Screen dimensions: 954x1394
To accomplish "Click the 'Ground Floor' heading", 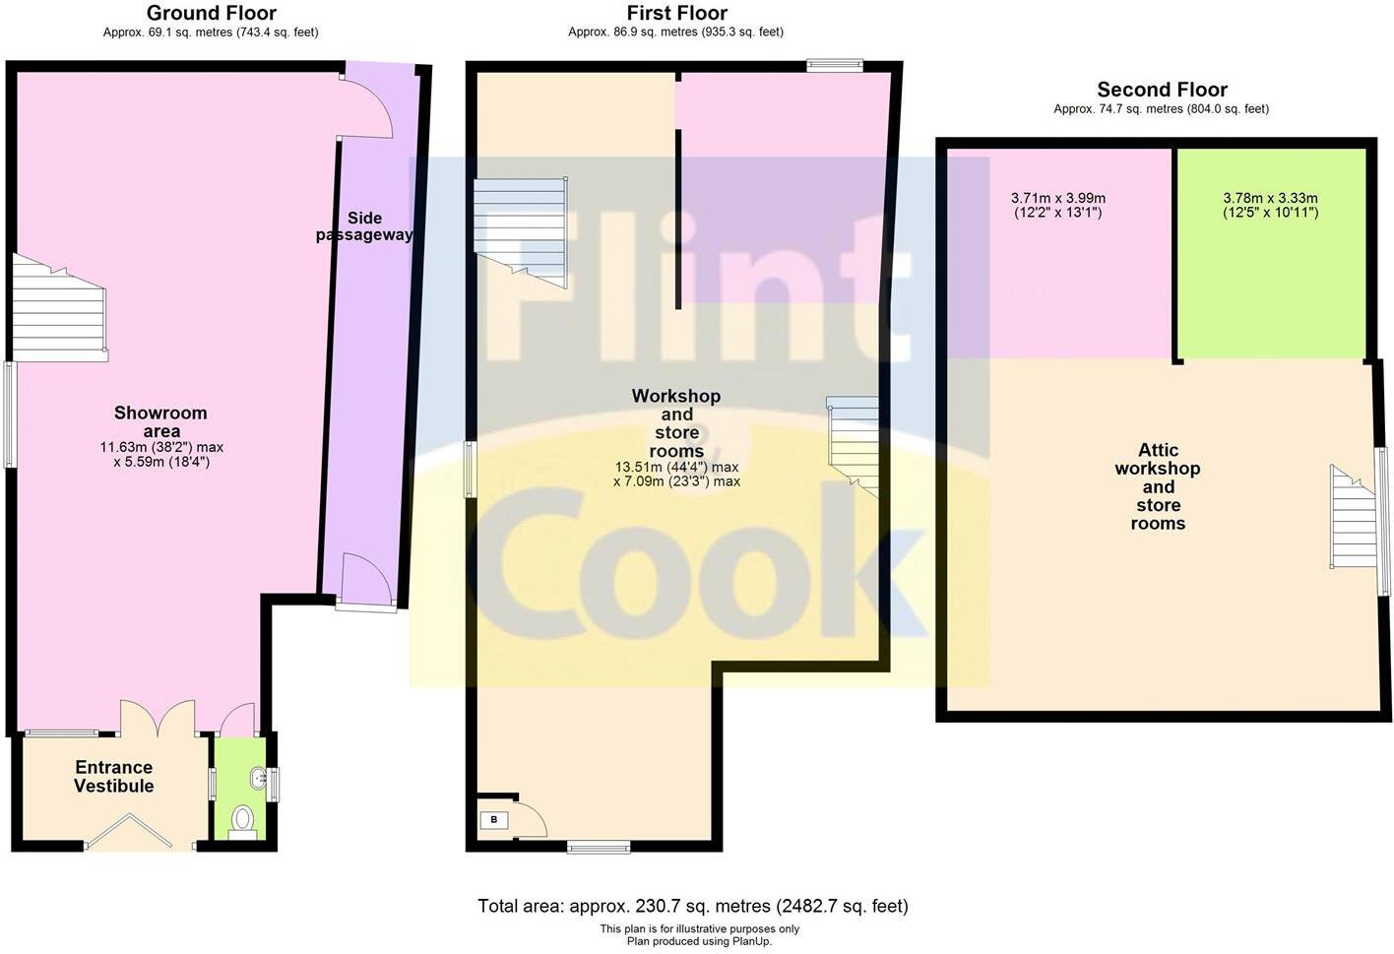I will coord(211,13).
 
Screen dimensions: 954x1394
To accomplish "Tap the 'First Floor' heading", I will coord(676,13).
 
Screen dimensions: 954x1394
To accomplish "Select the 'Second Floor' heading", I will coord(1162,90).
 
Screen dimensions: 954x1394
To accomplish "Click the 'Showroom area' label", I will coord(160,422).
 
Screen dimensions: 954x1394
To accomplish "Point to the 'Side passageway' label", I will coord(364,226).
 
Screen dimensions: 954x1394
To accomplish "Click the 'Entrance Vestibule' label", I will coord(114,777).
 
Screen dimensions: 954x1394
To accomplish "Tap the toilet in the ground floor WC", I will coord(242,819).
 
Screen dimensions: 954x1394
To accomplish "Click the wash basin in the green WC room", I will coord(258,778).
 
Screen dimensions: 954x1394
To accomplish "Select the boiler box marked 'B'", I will coord(493,819).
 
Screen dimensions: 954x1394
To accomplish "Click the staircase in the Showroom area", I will coord(59,310).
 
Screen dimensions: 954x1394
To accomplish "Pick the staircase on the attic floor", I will coord(1353,519).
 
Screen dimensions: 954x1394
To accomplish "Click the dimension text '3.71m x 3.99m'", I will coord(1058,198).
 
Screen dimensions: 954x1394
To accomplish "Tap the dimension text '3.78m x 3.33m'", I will coord(1270,198).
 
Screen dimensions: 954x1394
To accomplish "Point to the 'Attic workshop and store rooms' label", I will coord(1158,486).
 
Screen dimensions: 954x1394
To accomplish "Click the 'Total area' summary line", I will coord(692,906).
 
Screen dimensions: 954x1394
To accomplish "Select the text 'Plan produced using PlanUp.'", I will coord(699,941).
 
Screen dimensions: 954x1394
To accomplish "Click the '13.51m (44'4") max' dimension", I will coord(676,467).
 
